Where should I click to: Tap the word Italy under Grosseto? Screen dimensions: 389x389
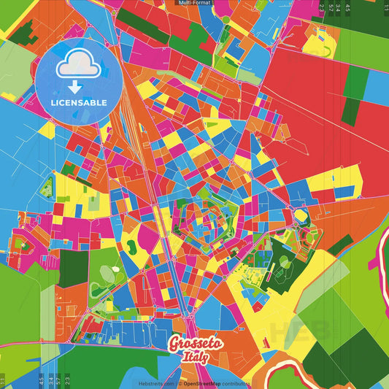(194, 357)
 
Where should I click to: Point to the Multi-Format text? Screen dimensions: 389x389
(194, 3)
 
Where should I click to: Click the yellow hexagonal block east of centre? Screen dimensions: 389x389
(300, 217)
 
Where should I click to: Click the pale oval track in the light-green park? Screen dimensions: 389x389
(107, 274)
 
